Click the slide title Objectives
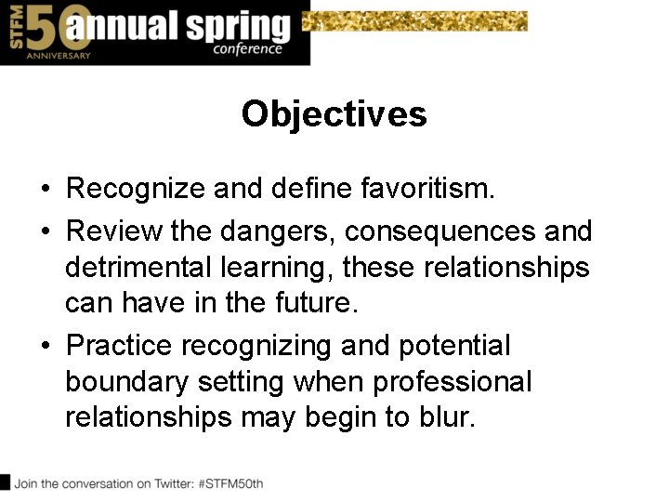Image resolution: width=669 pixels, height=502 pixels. [x=334, y=114]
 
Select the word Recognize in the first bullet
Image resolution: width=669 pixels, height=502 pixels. [x=136, y=190]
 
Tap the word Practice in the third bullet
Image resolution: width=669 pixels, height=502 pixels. [x=119, y=346]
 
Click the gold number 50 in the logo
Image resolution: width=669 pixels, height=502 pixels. [x=44, y=28]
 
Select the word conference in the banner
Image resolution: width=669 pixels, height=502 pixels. [x=247, y=48]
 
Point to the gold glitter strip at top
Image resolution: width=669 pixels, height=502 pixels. [x=418, y=20]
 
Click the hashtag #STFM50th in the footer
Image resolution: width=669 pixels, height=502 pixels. [x=230, y=483]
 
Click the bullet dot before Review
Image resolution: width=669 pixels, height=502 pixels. [x=45, y=230]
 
